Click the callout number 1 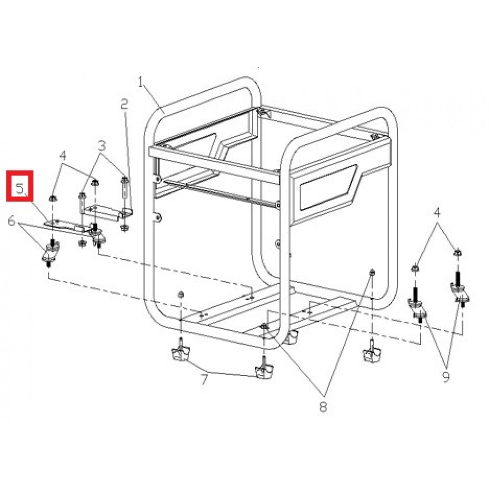click(140, 82)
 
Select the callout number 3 click(102, 145)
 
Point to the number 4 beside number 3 click(63, 155)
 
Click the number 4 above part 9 click(437, 213)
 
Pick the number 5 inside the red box click(20, 189)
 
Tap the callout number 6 click(11, 222)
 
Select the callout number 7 click(204, 380)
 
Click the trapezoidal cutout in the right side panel click(328, 187)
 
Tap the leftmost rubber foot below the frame click(180, 353)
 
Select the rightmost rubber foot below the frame click(372, 354)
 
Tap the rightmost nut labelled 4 click(457, 252)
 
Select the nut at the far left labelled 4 click(53, 198)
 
